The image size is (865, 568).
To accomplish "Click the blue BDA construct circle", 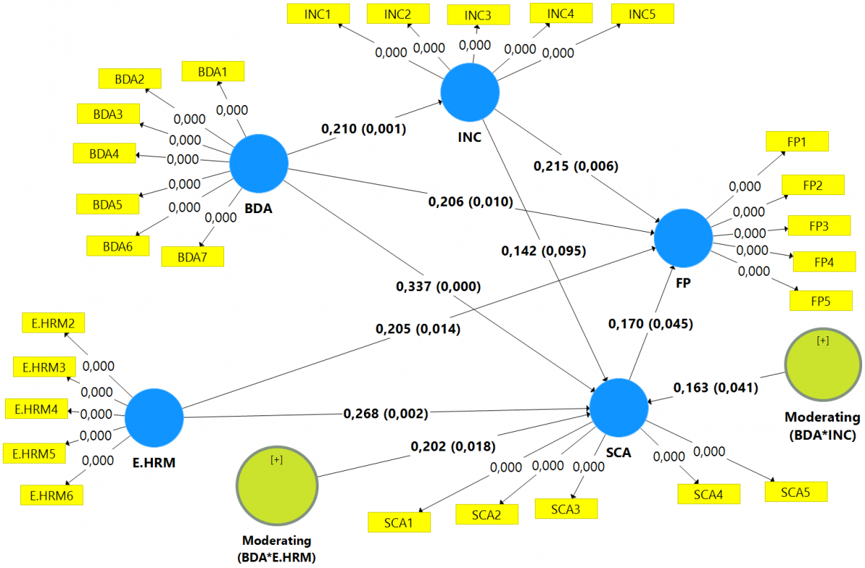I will tap(259, 163).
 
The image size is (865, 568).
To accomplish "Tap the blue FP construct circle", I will tap(683, 238).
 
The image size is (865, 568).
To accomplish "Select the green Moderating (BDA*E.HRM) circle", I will tap(277, 486).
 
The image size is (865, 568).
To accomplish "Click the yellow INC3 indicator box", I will tap(477, 15).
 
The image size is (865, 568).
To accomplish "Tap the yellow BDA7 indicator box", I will tap(192, 256).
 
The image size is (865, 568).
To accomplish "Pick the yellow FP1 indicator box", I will tap(797, 141).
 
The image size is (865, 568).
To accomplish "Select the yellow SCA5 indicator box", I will tap(797, 492).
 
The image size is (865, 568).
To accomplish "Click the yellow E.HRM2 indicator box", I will tap(53, 323).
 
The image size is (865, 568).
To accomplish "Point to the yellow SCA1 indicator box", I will tap(399, 522).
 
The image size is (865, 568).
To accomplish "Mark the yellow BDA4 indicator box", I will tap(104, 153).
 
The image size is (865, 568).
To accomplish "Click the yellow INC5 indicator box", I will tap(642, 14).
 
